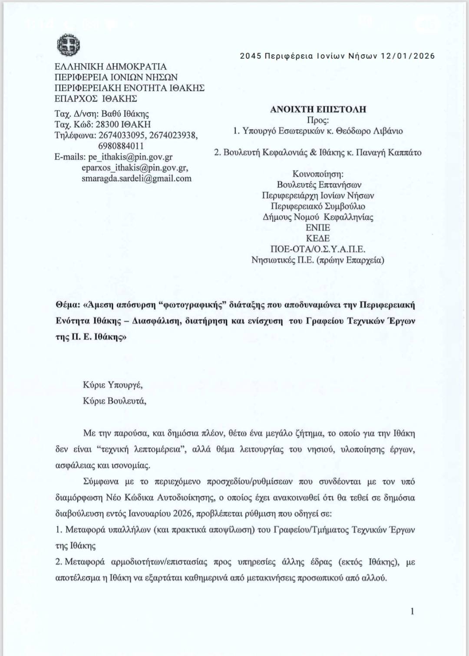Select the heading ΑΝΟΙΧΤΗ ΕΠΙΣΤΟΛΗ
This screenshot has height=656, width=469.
point(318,110)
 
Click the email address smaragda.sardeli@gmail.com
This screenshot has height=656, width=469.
point(136,178)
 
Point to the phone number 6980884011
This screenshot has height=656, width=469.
point(121,146)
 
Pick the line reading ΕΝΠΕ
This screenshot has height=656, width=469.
point(318,228)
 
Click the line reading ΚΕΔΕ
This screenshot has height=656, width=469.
point(318,238)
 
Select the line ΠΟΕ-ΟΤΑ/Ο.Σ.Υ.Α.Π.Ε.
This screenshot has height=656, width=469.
point(318,249)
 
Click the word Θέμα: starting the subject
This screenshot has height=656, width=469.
point(67,305)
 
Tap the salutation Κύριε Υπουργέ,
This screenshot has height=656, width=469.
point(113,385)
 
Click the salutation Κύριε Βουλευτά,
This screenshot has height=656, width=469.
point(115,401)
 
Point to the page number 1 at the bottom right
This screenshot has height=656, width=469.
point(412,611)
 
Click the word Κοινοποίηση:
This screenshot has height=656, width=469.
point(318,174)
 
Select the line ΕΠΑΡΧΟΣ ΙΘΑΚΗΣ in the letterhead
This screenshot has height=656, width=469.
point(96,99)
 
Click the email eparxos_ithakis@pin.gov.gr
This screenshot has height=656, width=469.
point(135,167)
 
